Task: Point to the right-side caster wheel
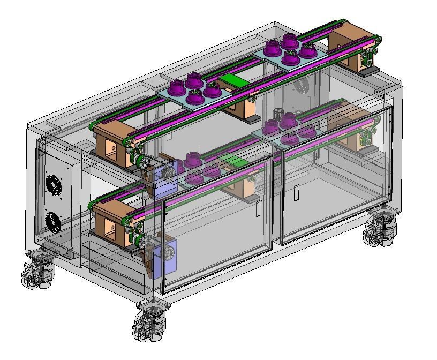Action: tap(381, 229)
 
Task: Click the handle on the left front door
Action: tap(258, 208)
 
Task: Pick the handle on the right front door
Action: tap(297, 192)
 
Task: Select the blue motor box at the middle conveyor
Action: tap(165, 179)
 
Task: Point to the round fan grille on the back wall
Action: tap(302, 87)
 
